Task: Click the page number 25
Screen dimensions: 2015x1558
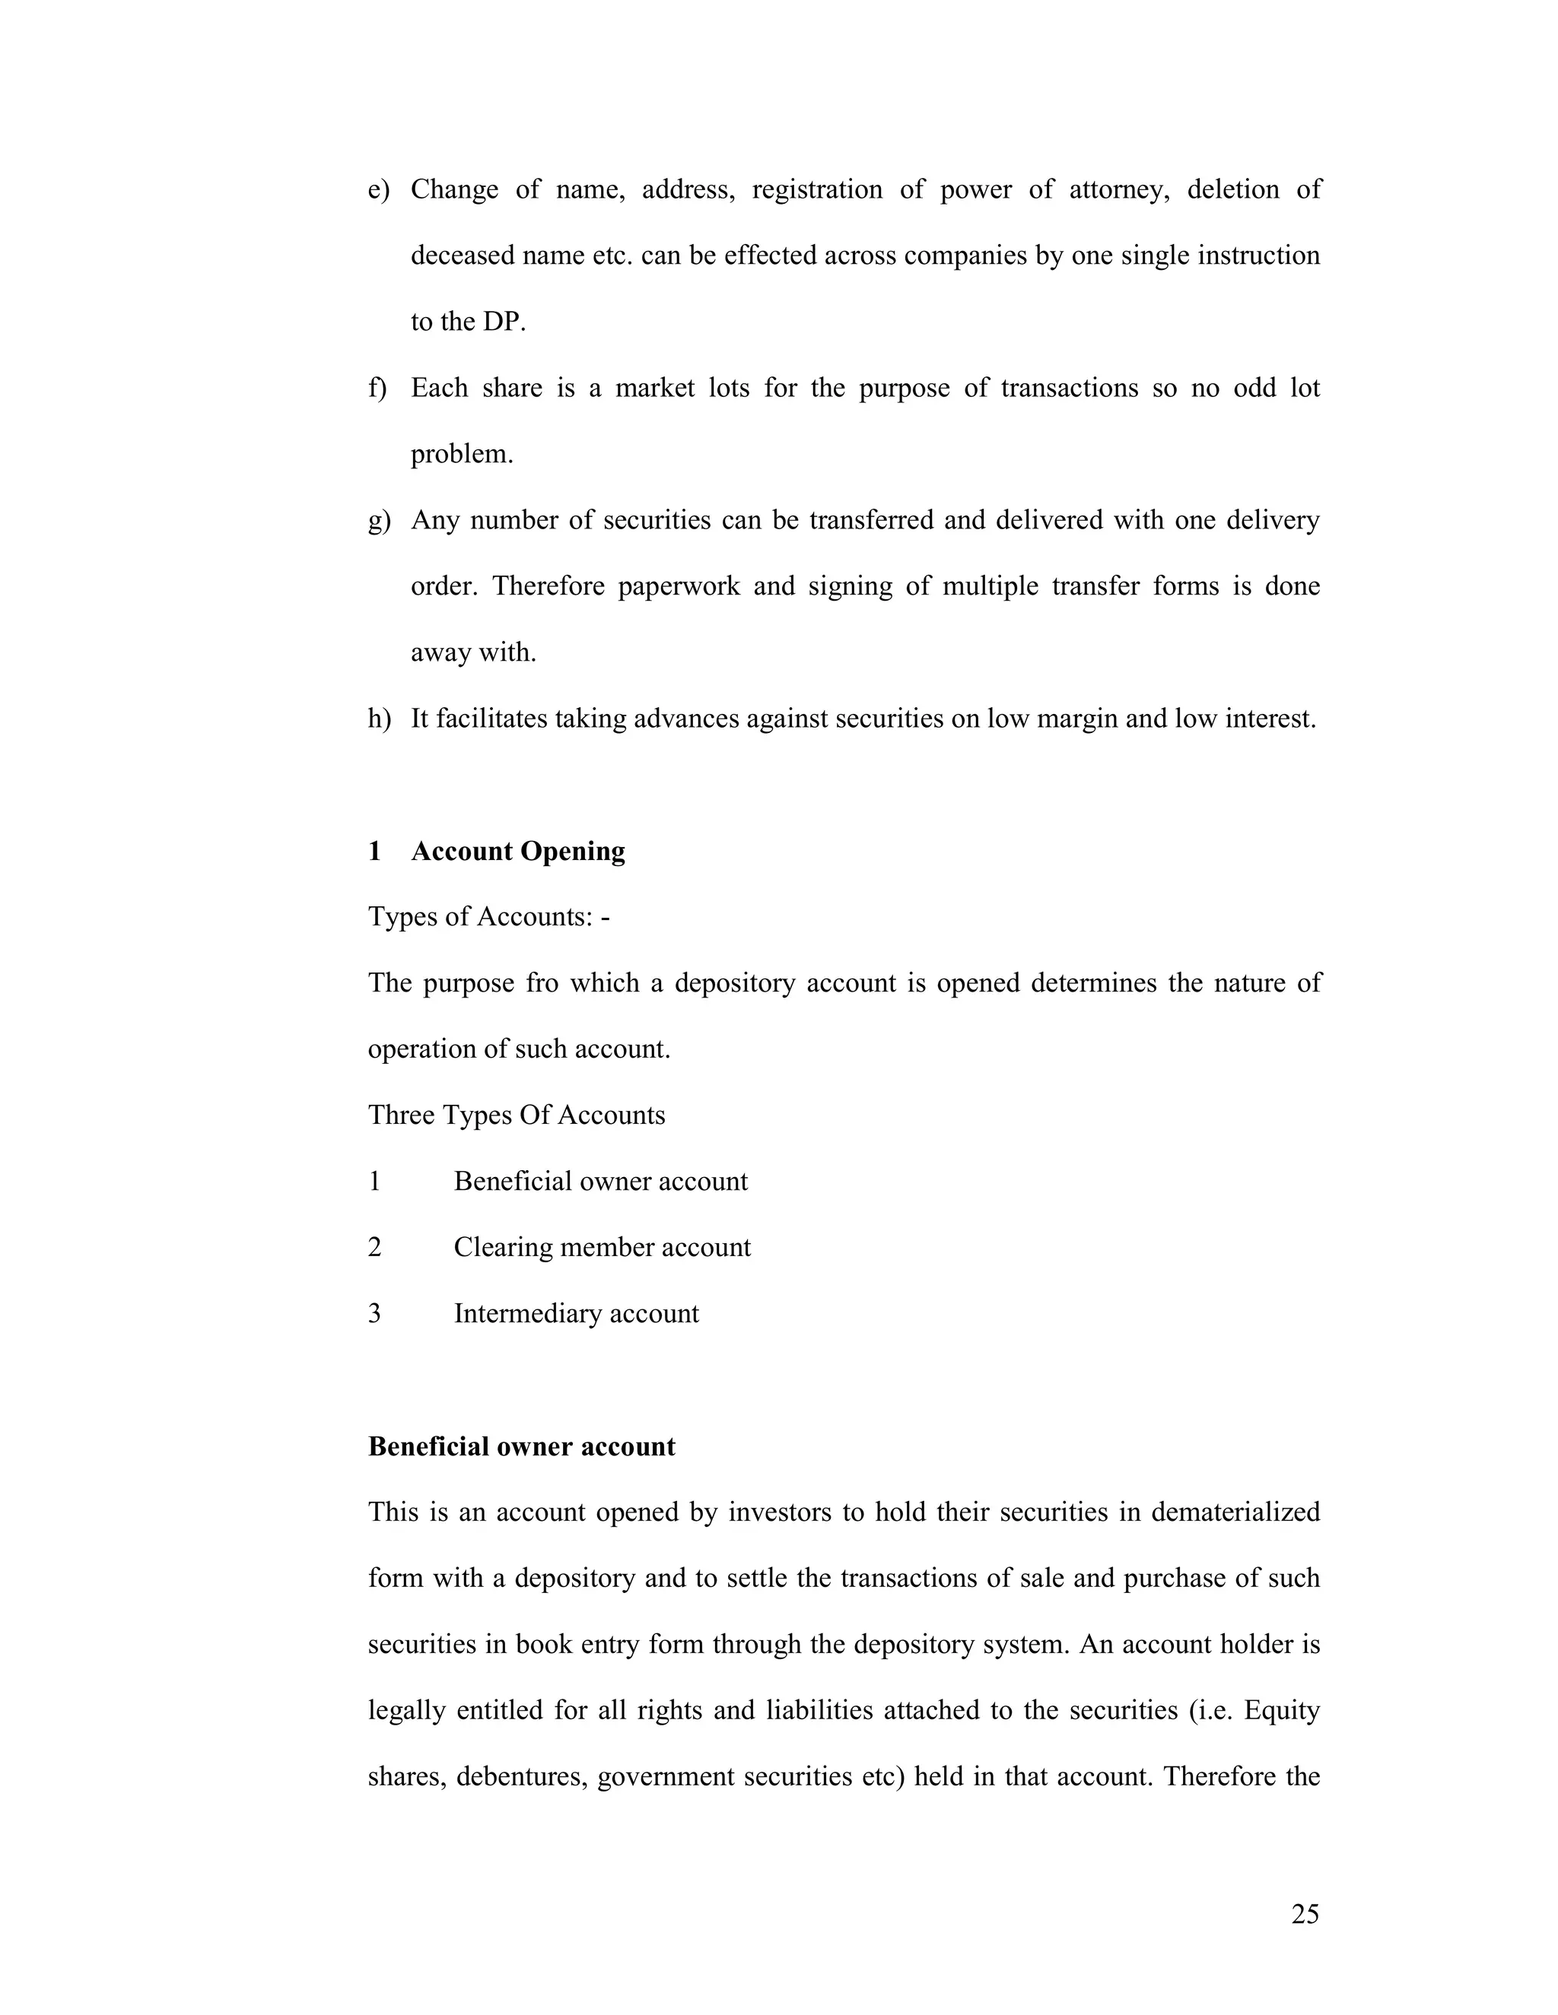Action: [x=1304, y=1915]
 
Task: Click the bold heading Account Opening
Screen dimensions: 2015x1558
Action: [x=518, y=851]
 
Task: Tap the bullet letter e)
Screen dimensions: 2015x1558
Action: [x=378, y=190]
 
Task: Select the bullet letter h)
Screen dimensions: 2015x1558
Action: [x=378, y=719]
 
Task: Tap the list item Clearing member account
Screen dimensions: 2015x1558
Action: [x=602, y=1247]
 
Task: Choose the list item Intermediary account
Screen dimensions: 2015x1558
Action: [x=576, y=1314]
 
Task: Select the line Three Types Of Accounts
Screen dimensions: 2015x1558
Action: [x=516, y=1115]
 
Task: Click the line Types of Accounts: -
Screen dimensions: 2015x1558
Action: [x=488, y=917]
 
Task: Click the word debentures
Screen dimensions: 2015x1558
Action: [x=521, y=1777]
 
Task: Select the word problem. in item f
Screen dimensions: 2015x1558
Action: [x=462, y=455]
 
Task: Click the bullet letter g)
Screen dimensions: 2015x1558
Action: [x=378, y=520]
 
